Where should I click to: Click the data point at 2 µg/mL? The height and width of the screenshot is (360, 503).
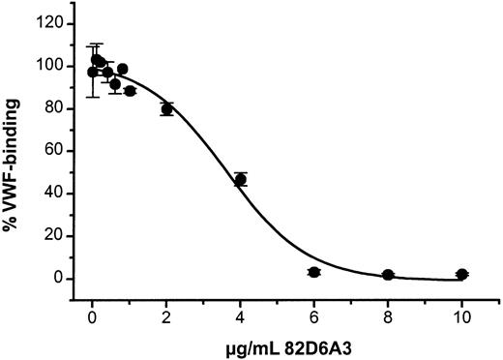(166, 108)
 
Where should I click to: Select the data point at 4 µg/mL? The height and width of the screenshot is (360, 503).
(241, 179)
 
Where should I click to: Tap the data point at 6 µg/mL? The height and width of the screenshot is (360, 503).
(313, 272)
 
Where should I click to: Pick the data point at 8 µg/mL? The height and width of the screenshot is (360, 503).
(388, 275)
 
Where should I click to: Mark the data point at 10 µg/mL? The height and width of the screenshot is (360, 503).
(462, 275)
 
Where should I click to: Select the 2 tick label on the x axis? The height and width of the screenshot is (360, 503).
(166, 315)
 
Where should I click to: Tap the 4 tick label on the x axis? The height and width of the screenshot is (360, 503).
(241, 315)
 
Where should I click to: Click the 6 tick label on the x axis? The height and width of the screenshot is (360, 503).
(314, 315)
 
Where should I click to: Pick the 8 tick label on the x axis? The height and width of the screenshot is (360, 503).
(388, 315)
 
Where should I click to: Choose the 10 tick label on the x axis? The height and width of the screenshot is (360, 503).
(462, 315)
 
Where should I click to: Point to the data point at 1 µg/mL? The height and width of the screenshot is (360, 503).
(130, 91)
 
